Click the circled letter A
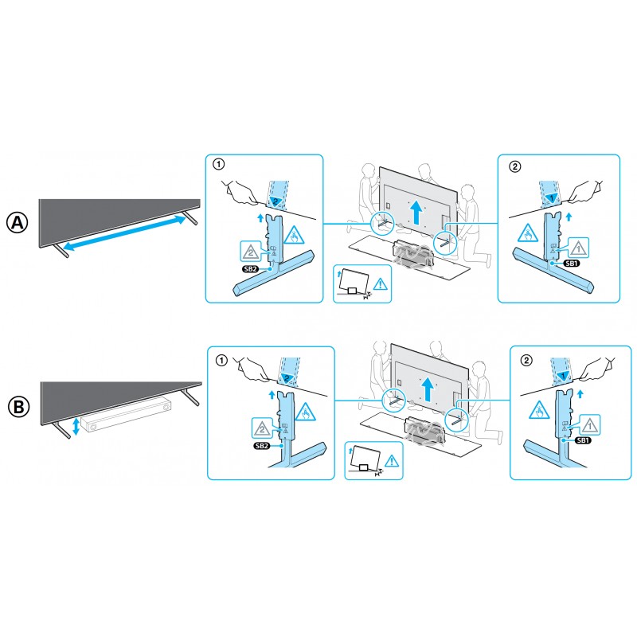coord(18,223)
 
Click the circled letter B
coord(18,407)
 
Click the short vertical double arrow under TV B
coord(76,426)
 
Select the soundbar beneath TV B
coord(126,415)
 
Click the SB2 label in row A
coord(250,268)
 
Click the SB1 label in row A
coord(572,264)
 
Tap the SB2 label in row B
coord(262,446)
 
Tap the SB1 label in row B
coord(583,440)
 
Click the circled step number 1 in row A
coord(218,164)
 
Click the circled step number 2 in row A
coord(515,166)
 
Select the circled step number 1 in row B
coord(221,360)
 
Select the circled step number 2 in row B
coord(526,360)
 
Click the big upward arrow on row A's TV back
coord(416,212)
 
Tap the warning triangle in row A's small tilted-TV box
coord(381,284)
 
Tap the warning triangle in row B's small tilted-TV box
coord(392,461)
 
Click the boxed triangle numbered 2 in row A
coord(251,252)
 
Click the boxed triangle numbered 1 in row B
coord(589,425)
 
